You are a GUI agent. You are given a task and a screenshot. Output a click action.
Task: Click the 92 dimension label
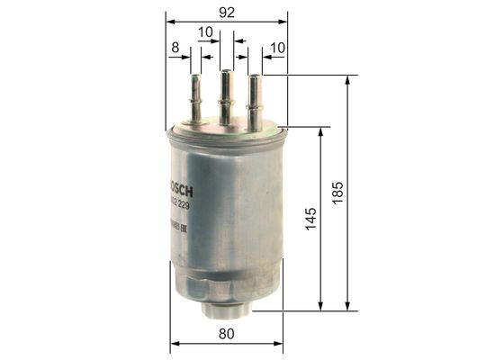pos(227,12)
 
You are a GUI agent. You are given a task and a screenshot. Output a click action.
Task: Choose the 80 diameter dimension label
pos(227,334)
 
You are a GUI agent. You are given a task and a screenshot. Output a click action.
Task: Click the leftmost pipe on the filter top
pos(195,97)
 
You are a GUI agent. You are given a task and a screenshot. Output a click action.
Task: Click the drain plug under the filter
pos(226,308)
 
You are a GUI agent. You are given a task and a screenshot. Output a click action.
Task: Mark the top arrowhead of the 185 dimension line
pos(348,80)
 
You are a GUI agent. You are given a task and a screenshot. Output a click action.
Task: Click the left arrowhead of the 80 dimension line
pos(175,344)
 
